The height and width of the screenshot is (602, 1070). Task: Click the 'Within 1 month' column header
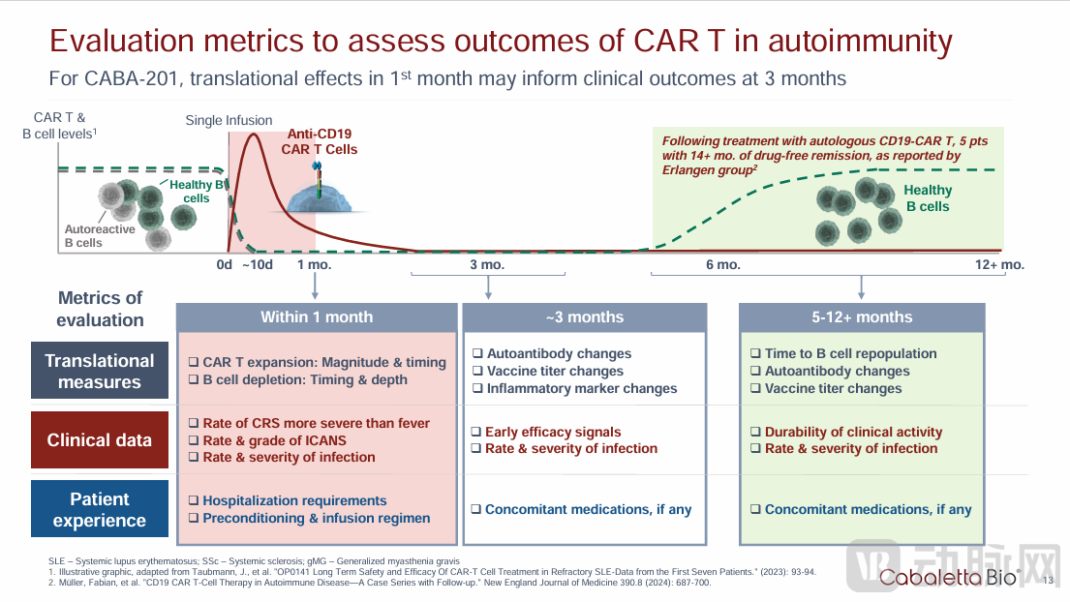pyautogui.click(x=317, y=317)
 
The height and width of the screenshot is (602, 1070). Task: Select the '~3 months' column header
pyautogui.click(x=585, y=317)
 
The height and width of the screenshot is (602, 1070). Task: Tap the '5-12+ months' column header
pyautogui.click(x=862, y=317)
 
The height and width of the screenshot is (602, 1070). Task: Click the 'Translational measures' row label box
pyautogui.click(x=100, y=371)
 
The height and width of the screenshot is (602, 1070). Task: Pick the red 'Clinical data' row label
pyautogui.click(x=100, y=440)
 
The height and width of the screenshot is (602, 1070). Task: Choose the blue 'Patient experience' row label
pyautogui.click(x=100, y=510)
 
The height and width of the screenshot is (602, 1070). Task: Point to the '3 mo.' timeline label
pyautogui.click(x=487, y=264)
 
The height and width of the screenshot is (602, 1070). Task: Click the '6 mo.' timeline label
pyautogui.click(x=722, y=264)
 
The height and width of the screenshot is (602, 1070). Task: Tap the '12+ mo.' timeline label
pyautogui.click(x=999, y=264)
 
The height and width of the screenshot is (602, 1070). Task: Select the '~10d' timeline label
pyautogui.click(x=259, y=264)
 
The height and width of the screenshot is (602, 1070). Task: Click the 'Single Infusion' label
pyautogui.click(x=229, y=121)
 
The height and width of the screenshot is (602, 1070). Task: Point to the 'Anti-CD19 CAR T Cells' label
pyautogui.click(x=319, y=141)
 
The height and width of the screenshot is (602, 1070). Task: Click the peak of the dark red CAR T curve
pyautogui.click(x=254, y=134)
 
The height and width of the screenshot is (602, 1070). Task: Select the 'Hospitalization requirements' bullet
pyautogui.click(x=294, y=500)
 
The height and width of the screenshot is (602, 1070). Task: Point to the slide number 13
pyautogui.click(x=1050, y=580)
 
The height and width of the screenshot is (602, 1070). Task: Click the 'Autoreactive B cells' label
pyautogui.click(x=101, y=237)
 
